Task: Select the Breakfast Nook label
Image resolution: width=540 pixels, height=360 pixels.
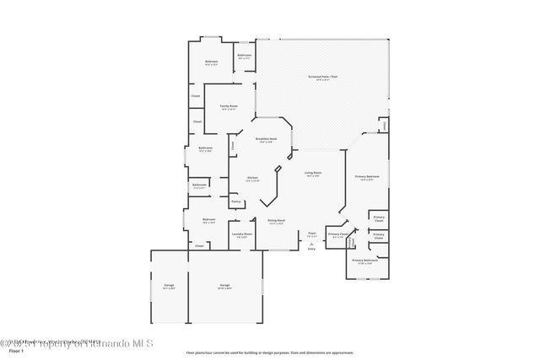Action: tap(268, 140)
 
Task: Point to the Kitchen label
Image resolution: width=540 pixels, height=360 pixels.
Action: tap(252, 178)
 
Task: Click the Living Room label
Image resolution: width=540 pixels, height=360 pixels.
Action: tap(312, 174)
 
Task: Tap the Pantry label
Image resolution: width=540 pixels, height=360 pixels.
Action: tap(236, 201)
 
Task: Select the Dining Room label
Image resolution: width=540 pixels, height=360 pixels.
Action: tap(277, 221)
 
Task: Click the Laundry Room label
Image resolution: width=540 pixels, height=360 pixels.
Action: tap(241, 235)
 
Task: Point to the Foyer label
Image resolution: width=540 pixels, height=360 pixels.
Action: tap(311, 233)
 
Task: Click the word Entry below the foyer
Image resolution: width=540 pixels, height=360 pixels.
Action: tap(311, 250)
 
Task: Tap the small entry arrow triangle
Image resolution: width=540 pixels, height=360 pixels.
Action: tap(311, 244)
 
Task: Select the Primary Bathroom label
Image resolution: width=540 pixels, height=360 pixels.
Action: tap(364, 261)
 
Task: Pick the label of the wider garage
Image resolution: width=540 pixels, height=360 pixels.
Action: tap(224, 286)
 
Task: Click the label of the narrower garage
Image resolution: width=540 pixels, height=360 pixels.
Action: tap(169, 286)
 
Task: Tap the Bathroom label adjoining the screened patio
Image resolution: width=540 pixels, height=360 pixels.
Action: tap(245, 56)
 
